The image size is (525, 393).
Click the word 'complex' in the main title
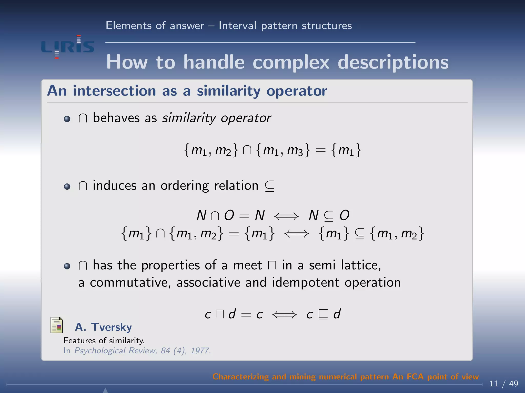(x=291, y=62)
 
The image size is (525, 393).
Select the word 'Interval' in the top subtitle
(x=237, y=26)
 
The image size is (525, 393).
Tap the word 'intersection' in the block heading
(x=114, y=91)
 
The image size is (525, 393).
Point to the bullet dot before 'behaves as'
(x=67, y=119)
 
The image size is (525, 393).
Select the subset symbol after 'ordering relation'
(x=269, y=186)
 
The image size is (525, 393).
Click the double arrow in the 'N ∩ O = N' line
(x=286, y=216)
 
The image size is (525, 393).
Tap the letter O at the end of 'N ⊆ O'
(x=344, y=215)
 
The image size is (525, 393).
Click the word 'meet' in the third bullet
(x=247, y=265)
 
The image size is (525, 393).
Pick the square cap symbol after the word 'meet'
(x=272, y=266)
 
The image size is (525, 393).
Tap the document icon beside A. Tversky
(x=57, y=325)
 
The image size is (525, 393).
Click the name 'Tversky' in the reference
(x=112, y=327)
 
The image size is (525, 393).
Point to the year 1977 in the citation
(x=200, y=351)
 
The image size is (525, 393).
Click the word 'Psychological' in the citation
(x=100, y=351)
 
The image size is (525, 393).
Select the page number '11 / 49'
(x=503, y=384)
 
